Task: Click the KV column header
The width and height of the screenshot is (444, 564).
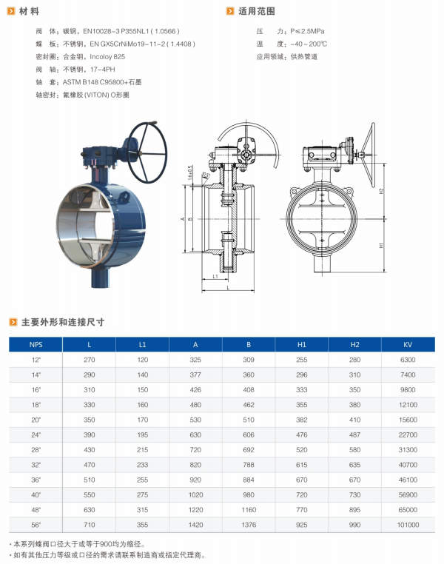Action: coord(407,345)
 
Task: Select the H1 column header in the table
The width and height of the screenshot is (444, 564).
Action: coord(302,345)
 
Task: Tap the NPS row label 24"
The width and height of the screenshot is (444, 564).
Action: coord(36,435)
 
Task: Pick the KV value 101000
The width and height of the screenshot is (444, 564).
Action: coord(408,525)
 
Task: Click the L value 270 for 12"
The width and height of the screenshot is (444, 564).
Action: coord(89,360)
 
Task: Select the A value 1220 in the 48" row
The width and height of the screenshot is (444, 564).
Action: coord(195,510)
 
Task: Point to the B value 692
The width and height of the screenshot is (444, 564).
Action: coord(249,449)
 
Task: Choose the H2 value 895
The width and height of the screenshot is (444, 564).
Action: coord(354,510)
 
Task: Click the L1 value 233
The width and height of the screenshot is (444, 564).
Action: coord(142,465)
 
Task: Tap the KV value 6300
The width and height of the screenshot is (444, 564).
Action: coord(408,360)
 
